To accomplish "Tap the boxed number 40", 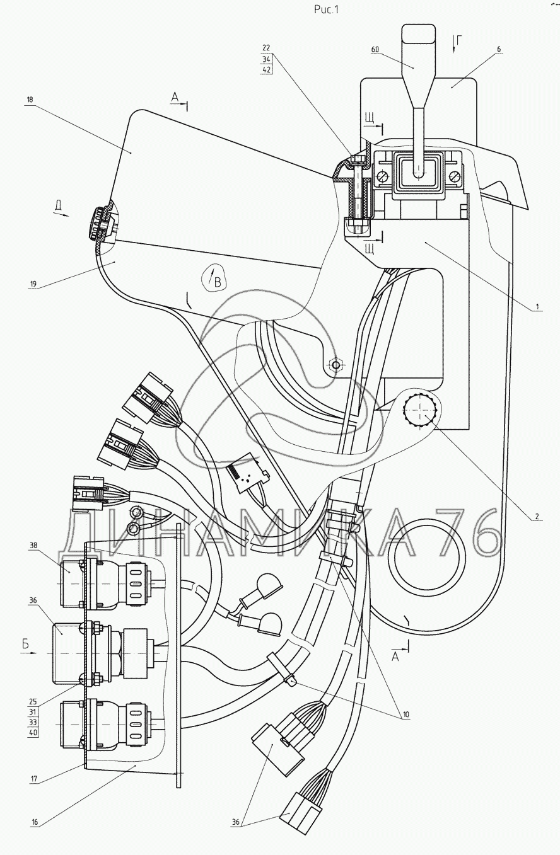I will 33,733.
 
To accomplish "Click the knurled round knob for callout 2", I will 419,410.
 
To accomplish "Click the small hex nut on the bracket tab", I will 335,365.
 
